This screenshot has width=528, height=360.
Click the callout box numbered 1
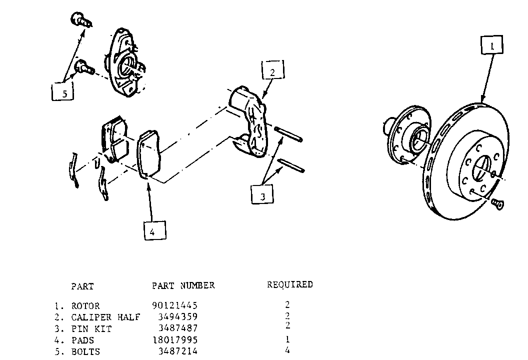click(x=492, y=45)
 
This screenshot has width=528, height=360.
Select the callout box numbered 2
click(x=273, y=70)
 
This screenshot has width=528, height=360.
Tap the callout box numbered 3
click(x=262, y=194)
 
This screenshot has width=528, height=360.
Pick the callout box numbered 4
click(x=155, y=230)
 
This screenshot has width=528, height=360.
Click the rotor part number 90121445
click(x=174, y=305)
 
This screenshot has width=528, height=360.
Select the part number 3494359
click(x=178, y=317)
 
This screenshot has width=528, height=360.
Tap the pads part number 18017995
click(x=175, y=340)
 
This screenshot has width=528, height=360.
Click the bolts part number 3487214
click(x=178, y=351)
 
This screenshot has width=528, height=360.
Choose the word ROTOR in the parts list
click(x=85, y=306)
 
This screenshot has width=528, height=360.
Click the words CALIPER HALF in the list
click(x=105, y=317)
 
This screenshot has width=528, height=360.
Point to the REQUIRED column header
click(x=290, y=284)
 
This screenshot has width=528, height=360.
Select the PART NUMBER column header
click(x=183, y=285)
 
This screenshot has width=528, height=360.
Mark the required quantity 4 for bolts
click(x=287, y=350)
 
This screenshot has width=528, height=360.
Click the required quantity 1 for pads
click(x=287, y=339)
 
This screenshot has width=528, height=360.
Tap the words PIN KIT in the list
click(x=91, y=328)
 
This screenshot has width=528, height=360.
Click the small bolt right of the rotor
click(x=497, y=203)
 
